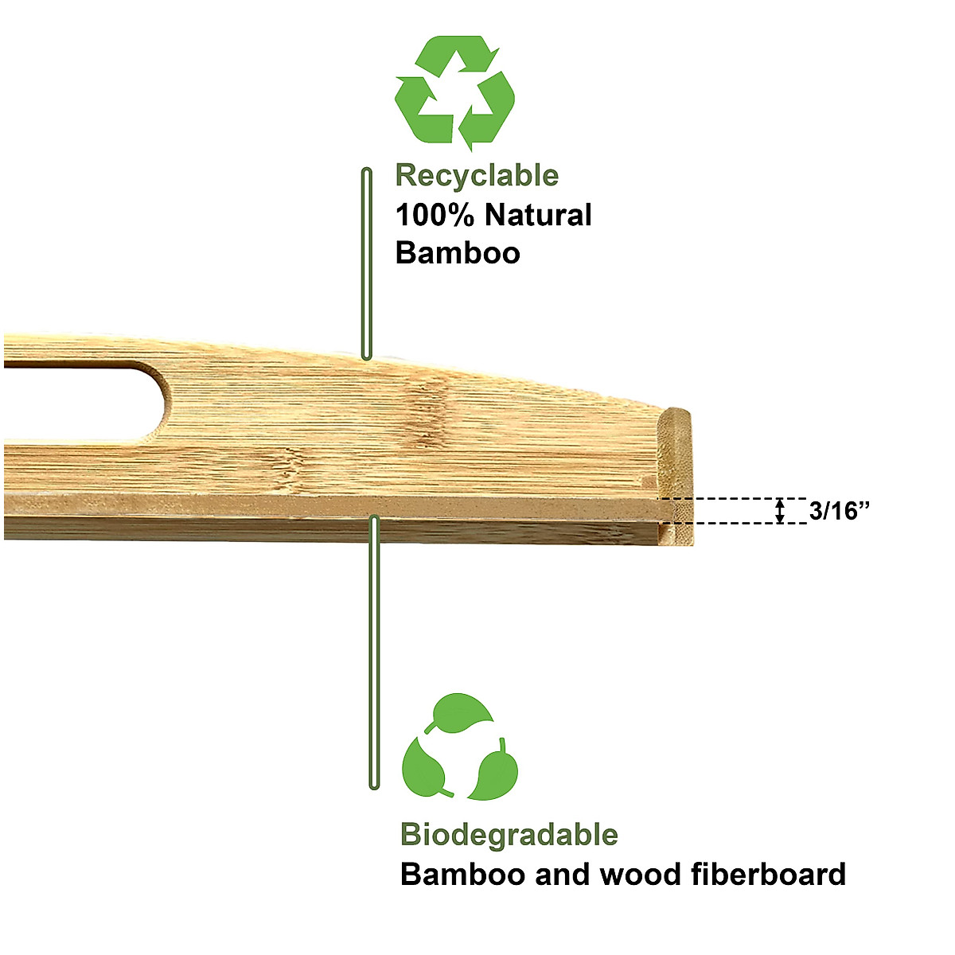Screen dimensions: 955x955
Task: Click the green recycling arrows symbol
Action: pyautogui.click(x=455, y=93)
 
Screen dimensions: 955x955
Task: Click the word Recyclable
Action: pyautogui.click(x=477, y=175)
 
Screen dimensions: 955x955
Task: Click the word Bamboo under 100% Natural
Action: pyautogui.click(x=458, y=253)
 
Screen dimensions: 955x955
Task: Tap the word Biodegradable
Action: pyautogui.click(x=509, y=835)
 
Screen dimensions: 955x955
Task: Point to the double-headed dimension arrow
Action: pyautogui.click(x=781, y=511)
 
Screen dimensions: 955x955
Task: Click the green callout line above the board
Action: pyautogui.click(x=367, y=263)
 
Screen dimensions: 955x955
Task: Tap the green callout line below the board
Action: pyautogui.click(x=374, y=653)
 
